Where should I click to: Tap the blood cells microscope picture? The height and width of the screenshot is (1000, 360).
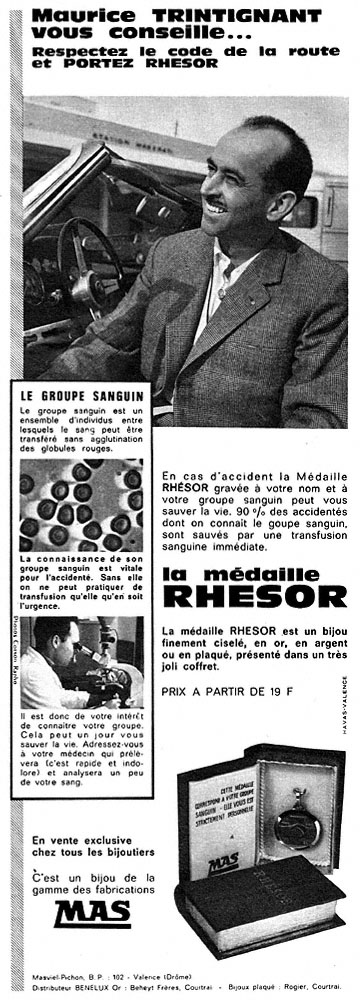(81, 504)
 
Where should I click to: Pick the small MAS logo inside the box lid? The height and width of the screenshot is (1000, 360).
(224, 858)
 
